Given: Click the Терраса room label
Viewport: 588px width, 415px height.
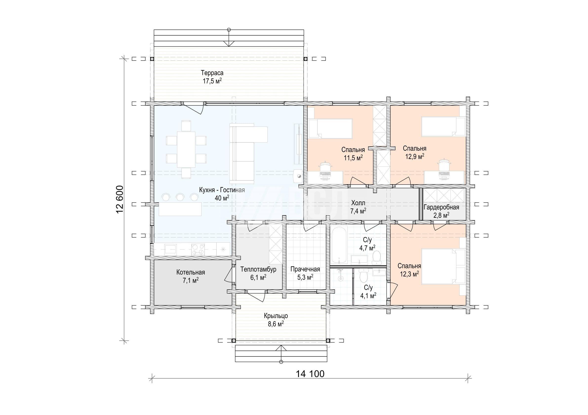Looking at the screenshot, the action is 212,73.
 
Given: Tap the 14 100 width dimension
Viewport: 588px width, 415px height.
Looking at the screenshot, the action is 310,374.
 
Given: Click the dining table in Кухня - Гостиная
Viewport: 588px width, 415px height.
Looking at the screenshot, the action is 186,150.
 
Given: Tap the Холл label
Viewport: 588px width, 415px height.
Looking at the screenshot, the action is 358,203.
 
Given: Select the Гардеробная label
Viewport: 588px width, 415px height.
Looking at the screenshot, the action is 441,207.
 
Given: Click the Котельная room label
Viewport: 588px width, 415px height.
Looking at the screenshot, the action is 191,272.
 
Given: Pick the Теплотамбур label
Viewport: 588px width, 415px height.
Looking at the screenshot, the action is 258,269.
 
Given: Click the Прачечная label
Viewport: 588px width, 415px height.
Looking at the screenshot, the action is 305,269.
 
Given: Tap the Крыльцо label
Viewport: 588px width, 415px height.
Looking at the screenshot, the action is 276,316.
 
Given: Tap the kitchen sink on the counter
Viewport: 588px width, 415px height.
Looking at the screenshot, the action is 170,249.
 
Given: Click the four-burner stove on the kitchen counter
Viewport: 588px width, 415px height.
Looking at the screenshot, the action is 198,250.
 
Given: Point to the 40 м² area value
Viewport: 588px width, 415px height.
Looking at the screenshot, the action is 222,198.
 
